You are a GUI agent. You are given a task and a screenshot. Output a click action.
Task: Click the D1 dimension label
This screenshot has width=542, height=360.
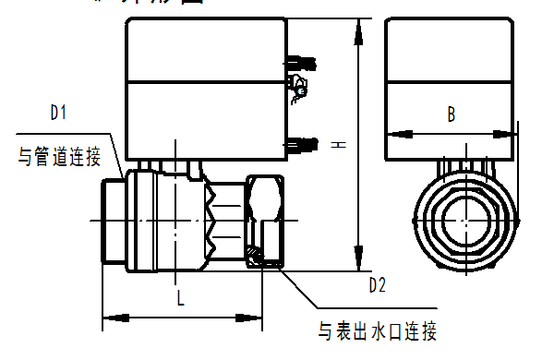[x=60, y=113]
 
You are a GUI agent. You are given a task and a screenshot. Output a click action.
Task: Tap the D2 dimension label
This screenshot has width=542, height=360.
[x=378, y=284]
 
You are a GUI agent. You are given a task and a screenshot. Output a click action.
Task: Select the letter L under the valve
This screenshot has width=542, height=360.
[x=181, y=297]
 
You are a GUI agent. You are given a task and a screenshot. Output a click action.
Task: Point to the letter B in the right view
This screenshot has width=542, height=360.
[x=452, y=114]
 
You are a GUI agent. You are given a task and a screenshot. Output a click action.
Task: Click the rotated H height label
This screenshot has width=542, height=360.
[x=339, y=144]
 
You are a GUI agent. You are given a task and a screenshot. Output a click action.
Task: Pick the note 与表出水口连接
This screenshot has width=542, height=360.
[x=377, y=330]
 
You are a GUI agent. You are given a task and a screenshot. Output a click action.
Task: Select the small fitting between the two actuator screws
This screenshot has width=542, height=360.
[x=297, y=90]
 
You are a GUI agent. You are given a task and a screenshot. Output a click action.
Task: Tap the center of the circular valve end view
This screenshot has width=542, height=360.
[x=463, y=222]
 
